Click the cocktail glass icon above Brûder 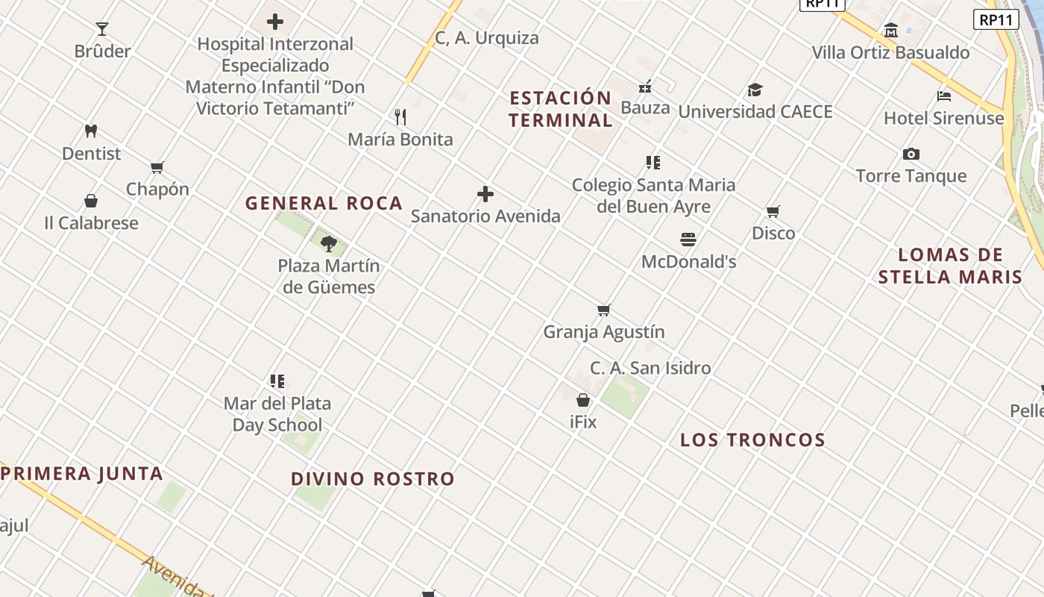(x=102, y=29)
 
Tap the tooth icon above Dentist (x=91, y=131)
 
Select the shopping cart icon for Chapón (x=157, y=167)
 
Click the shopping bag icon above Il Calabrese (x=91, y=201)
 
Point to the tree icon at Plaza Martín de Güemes (x=329, y=243)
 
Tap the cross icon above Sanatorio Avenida (x=485, y=194)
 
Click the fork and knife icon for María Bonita (x=400, y=117)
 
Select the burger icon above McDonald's (x=688, y=240)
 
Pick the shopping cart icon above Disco (x=773, y=211)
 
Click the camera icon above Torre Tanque (x=911, y=154)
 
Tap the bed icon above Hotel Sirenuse (x=943, y=96)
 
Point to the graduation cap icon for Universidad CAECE (x=755, y=90)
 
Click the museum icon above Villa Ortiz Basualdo (x=890, y=31)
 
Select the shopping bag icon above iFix (x=583, y=400)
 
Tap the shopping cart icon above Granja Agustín (x=604, y=310)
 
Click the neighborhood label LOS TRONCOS (x=752, y=440)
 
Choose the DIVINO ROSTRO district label (x=373, y=479)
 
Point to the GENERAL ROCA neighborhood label (x=324, y=203)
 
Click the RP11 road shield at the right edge (x=996, y=19)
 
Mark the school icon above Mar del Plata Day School (x=277, y=381)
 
